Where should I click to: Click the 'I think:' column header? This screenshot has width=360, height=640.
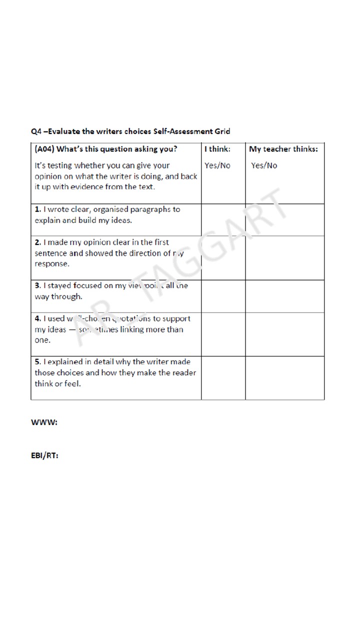tap(217, 149)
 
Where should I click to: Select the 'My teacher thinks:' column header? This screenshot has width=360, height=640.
tap(283, 149)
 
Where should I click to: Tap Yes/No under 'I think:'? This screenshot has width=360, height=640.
tap(217, 165)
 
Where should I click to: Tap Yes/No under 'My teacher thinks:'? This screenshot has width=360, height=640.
tap(264, 165)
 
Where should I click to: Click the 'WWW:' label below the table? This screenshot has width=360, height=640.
tap(44, 422)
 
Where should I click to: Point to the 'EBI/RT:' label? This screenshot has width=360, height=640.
tap(44, 455)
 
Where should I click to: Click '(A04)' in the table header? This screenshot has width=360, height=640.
tap(44, 149)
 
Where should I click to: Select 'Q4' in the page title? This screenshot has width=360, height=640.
tap(36, 131)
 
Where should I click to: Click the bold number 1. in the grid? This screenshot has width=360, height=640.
tap(37, 209)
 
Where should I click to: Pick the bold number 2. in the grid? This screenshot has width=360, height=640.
tap(37, 242)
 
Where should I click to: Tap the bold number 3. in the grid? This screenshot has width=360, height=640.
tap(37, 286)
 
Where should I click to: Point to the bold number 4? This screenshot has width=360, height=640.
tap(37, 318)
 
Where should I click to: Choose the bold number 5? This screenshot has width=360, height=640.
tap(37, 361)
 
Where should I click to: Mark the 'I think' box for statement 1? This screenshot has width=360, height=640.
tap(223, 219)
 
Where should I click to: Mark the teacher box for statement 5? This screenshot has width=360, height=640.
tap(284, 377)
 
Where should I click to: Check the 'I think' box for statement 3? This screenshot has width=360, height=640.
tap(223, 296)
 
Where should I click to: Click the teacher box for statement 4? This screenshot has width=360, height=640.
tap(284, 334)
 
